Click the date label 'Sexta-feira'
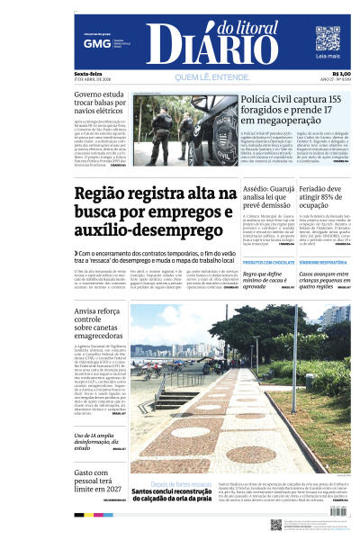tap(86, 74)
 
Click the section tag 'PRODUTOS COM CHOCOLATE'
tap(256, 262)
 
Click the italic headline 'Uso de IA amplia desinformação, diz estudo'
tap(101, 441)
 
